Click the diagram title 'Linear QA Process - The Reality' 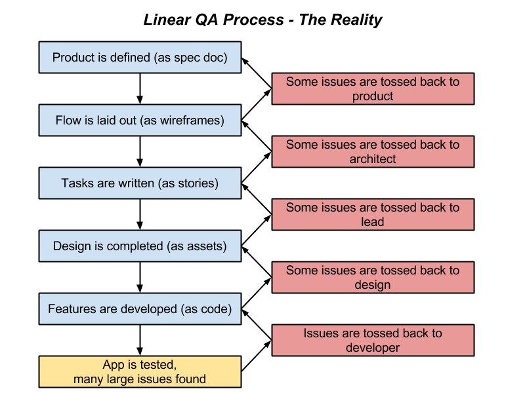[262, 20]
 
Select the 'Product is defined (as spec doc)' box [140, 58]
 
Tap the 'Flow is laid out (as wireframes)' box [140, 121]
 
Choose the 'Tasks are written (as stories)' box [140, 183]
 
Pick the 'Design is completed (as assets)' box [140, 246]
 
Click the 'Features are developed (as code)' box [140, 309]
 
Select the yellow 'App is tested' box [140, 372]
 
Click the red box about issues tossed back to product [373, 89]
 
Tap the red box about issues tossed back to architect [373, 152]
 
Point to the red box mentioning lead [373, 215]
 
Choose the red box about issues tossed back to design [373, 278]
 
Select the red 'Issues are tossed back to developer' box [373, 341]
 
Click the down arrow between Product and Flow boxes [140, 89]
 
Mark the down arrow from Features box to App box [140, 341]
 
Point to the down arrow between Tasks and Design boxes [140, 215]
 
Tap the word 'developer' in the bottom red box [373, 348]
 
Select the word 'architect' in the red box [373, 159]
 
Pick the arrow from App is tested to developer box [257, 356]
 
